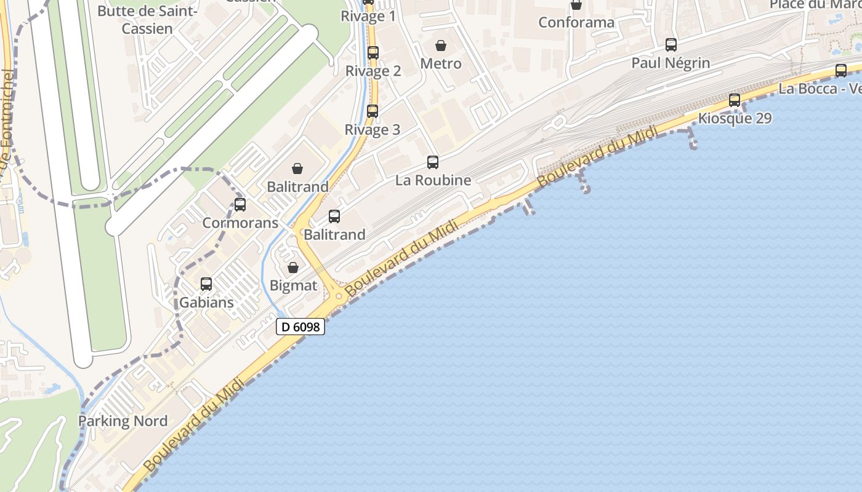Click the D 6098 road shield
click(x=300, y=327)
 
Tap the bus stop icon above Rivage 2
click(x=373, y=53)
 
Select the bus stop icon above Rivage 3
click(x=373, y=111)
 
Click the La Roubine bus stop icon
click(x=433, y=162)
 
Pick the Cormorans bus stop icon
click(x=240, y=205)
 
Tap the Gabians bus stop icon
click(x=206, y=284)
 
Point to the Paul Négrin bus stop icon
click(x=671, y=45)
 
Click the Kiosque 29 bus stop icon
click(x=735, y=100)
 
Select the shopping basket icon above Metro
click(x=441, y=46)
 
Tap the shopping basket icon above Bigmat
click(x=293, y=268)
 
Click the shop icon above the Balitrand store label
click(x=297, y=169)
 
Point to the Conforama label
click(x=576, y=23)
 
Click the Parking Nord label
click(x=123, y=421)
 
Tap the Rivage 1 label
click(x=368, y=17)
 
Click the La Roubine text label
click(x=433, y=180)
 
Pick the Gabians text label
click(x=206, y=303)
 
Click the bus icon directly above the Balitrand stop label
click(x=334, y=216)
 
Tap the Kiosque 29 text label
click(x=735, y=118)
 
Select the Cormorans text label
click(x=241, y=223)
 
